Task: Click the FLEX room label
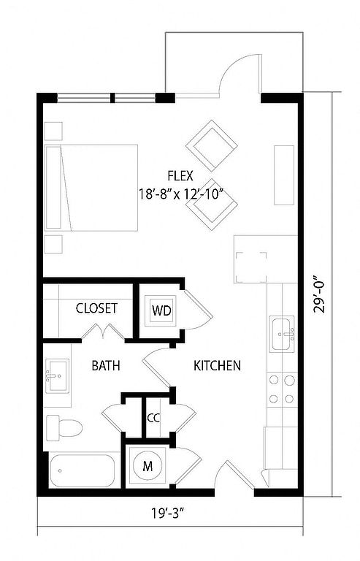pyautogui.click(x=180, y=176)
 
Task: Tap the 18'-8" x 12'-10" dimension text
pyautogui.click(x=181, y=194)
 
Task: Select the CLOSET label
pyautogui.click(x=96, y=308)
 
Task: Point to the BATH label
pyautogui.click(x=106, y=366)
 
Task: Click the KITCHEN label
pyautogui.click(x=217, y=366)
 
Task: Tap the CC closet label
pyautogui.click(x=153, y=418)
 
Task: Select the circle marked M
pyautogui.click(x=148, y=466)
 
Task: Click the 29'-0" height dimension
pyautogui.click(x=319, y=294)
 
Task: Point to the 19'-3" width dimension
pyautogui.click(x=167, y=514)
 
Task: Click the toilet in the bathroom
pyautogui.click(x=64, y=428)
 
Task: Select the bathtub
pyautogui.click(x=83, y=470)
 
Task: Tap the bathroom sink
pyautogui.click(x=57, y=376)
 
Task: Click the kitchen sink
pyautogui.click(x=282, y=334)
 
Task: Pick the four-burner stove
pyautogui.click(x=282, y=389)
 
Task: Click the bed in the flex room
pyautogui.click(x=91, y=188)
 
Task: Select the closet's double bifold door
pyautogui.click(x=103, y=331)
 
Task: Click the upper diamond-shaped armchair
pyautogui.click(x=212, y=145)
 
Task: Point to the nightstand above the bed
pyautogui.click(x=53, y=131)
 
